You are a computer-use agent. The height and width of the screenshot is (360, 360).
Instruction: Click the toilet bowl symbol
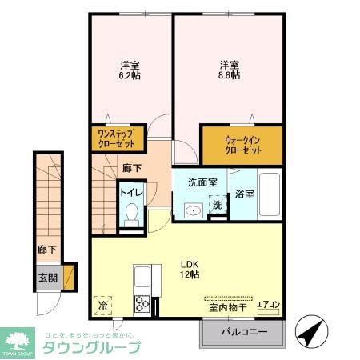[x=131, y=214]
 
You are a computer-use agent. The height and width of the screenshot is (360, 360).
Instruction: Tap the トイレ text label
[x=131, y=192]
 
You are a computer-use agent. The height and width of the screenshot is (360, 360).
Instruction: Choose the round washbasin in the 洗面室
[x=192, y=210]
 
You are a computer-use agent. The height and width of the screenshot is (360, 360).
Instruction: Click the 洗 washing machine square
[x=217, y=205]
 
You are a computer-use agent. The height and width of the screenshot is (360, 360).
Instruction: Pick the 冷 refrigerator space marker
[x=102, y=304]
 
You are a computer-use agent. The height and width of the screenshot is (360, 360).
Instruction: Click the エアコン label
[x=268, y=304]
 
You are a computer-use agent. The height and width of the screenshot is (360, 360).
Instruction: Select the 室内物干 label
[x=226, y=306]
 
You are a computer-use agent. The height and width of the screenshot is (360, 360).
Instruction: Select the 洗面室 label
[x=203, y=183]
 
